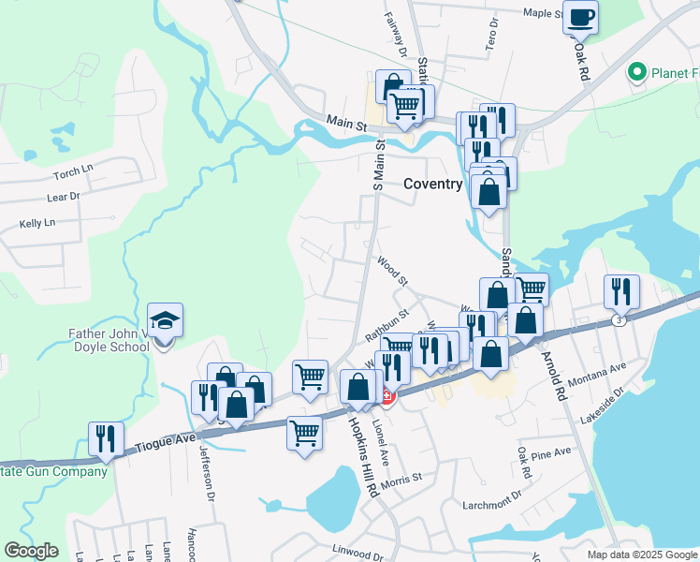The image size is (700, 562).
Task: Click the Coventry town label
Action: (432, 185)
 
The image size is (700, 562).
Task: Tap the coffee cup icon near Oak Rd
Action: (580, 16)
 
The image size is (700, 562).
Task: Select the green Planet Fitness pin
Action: (638, 71)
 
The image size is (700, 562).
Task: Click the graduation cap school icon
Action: (165, 321)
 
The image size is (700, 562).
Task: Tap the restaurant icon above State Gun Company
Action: (106, 437)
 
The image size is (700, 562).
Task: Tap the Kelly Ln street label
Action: (37, 224)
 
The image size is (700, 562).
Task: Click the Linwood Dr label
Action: (358, 545)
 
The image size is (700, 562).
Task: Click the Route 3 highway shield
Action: (618, 320)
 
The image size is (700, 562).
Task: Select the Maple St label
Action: (541, 13)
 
